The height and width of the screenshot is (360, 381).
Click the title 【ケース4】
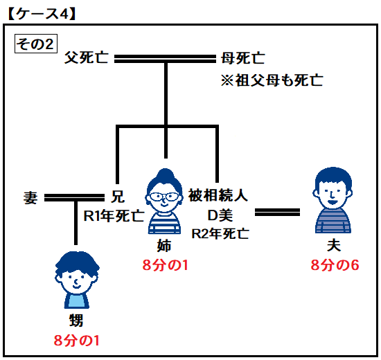[42, 14]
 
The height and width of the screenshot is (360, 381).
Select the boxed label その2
[36, 44]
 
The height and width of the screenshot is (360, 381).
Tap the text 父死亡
[87, 58]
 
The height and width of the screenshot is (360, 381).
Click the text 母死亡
[242, 58]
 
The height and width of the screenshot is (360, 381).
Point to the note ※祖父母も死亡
[272, 80]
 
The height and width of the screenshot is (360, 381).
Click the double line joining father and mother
[165, 59]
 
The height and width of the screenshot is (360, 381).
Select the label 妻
[30, 197]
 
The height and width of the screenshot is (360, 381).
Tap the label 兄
[118, 197]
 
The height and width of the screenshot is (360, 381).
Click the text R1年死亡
[114, 215]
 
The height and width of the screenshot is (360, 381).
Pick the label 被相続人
[218, 195]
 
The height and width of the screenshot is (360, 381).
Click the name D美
[220, 215]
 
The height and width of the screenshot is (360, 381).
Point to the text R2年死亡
[220, 234]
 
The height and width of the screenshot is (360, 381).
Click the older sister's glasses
[163, 197]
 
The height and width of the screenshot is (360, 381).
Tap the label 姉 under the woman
[164, 246]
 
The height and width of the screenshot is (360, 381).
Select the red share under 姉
[166, 264]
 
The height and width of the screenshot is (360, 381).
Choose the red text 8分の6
[335, 264]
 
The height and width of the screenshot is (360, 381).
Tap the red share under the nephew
[76, 341]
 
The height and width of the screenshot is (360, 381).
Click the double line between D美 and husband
[277, 213]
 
